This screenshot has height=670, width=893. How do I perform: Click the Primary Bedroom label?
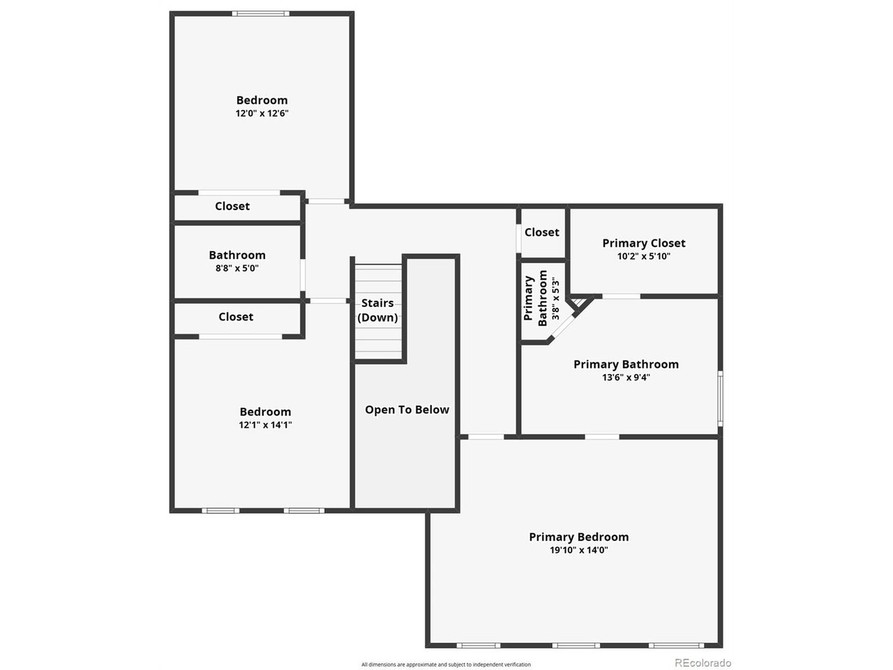click(x=578, y=537)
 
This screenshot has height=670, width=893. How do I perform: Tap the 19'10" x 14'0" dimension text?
click(x=578, y=550)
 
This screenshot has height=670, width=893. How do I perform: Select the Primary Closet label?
click(x=643, y=243)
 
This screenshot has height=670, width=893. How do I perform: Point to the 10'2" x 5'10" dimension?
click(x=643, y=256)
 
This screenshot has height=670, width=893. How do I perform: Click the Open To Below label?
click(x=407, y=410)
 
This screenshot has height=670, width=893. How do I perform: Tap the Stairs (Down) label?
click(x=377, y=311)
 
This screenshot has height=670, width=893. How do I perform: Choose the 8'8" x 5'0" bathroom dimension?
click(x=237, y=268)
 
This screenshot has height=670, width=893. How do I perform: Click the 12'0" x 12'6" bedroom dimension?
click(x=262, y=113)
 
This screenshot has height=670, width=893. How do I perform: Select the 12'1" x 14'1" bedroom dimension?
click(x=265, y=424)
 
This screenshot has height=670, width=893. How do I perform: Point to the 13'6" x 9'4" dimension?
click(x=626, y=378)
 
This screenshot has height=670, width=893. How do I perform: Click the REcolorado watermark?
click(x=703, y=663)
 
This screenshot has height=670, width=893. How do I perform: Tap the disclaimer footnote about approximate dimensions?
click(x=446, y=664)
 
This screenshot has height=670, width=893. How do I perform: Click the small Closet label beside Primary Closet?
click(x=541, y=232)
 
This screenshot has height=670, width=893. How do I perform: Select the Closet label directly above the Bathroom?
click(x=232, y=206)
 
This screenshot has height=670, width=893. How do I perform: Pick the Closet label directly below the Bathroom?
click(x=236, y=317)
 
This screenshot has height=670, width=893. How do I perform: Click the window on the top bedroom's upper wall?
click(x=261, y=13)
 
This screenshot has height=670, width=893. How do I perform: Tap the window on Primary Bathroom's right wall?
click(x=720, y=398)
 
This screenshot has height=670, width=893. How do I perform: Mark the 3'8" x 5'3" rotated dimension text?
click(x=555, y=299)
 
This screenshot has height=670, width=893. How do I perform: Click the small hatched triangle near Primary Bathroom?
click(x=579, y=303)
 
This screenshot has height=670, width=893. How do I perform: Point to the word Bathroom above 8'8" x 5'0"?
click(x=237, y=255)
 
